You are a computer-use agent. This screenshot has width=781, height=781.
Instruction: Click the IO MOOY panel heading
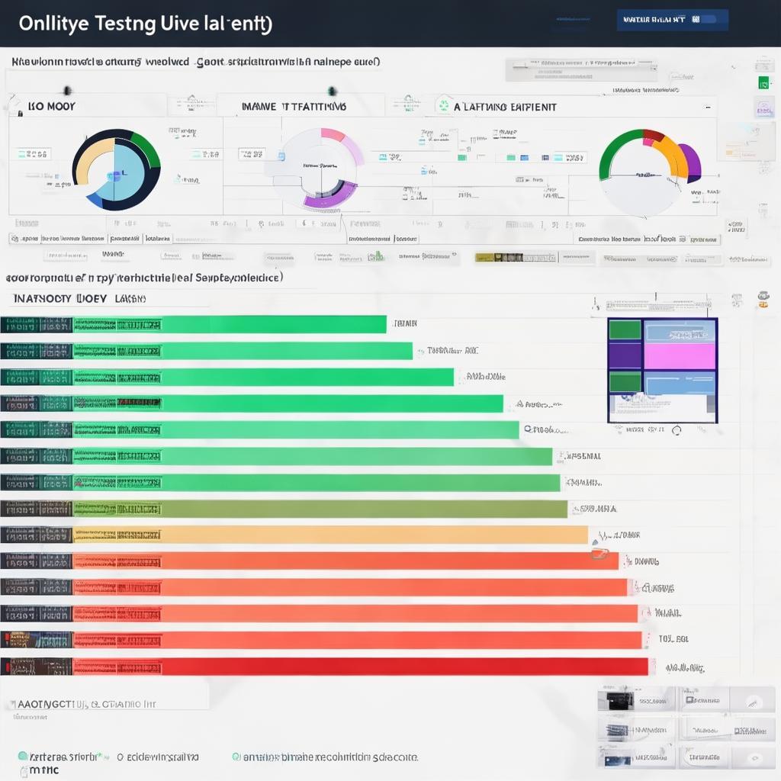click(x=51, y=107)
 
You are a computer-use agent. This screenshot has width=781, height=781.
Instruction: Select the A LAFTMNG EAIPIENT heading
click(x=505, y=108)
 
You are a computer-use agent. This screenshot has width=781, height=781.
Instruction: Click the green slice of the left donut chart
click(x=146, y=148)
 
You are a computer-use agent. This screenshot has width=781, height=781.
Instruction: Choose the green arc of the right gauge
click(x=614, y=153)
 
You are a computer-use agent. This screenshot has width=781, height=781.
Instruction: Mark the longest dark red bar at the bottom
click(x=358, y=667)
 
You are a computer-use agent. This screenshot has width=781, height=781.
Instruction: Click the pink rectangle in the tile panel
click(x=680, y=355)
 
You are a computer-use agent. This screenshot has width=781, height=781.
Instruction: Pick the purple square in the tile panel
click(x=625, y=355)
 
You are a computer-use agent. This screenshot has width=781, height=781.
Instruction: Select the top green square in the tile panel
click(x=625, y=329)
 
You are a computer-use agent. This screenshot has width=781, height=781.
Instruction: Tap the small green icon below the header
click(x=762, y=82)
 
